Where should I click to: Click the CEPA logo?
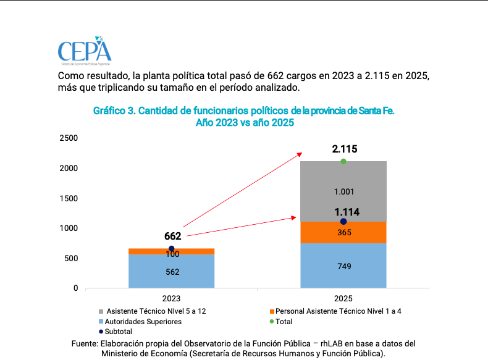coord(85,52)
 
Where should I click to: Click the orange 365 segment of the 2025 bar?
coord(343,233)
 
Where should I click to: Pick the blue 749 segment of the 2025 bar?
coord(343,266)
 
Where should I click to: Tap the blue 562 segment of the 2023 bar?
coord(172,272)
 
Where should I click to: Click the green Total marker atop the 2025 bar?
coord(343,162)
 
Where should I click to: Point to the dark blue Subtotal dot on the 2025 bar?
coord(343,222)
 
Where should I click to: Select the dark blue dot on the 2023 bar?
coord(172,249)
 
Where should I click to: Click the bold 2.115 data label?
coord(344,149)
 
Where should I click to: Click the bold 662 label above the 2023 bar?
coord(172,236)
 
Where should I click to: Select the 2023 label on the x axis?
coord(172,298)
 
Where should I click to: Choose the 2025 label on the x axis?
coord(343,298)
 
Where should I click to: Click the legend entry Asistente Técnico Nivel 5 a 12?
coord(156,311)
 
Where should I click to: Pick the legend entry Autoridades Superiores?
coord(143,322)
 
